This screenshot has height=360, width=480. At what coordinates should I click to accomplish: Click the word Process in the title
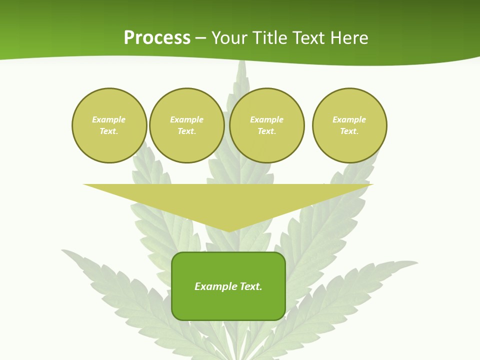(157, 38)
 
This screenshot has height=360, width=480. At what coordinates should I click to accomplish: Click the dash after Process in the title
(201, 39)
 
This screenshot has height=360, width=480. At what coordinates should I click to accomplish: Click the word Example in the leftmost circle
(109, 119)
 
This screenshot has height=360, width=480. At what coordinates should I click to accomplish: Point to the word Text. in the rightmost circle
(349, 131)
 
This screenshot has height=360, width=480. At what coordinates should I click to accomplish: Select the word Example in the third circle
(266, 119)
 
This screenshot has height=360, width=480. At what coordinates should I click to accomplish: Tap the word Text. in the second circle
(187, 131)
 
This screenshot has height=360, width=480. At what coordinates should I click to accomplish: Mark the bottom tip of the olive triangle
(228, 230)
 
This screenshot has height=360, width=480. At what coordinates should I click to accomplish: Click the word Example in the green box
(215, 286)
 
